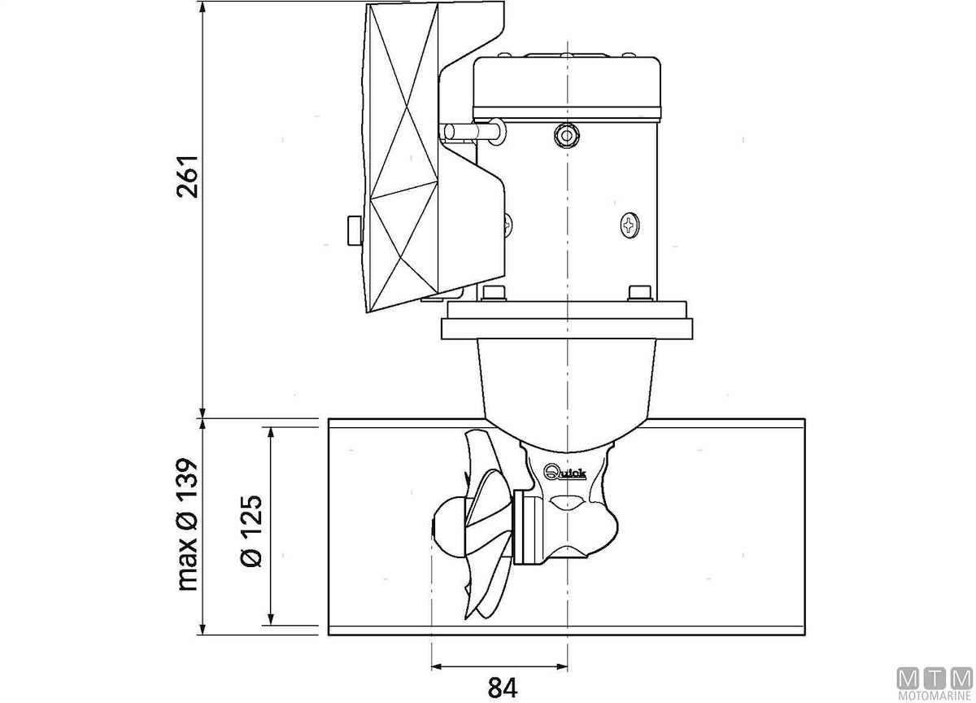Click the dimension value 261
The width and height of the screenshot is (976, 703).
(187, 176)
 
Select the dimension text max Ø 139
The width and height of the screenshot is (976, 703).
(188, 524)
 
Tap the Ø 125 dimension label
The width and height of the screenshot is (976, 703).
(251, 531)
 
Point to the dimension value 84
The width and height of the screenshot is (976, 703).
(503, 688)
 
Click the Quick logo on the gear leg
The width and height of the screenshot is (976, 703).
(564, 472)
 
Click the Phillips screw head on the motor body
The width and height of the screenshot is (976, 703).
(630, 225)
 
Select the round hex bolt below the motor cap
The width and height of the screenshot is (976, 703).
(567, 136)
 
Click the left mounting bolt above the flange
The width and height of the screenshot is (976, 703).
(494, 293)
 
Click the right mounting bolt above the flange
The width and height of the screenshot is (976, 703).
(641, 293)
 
